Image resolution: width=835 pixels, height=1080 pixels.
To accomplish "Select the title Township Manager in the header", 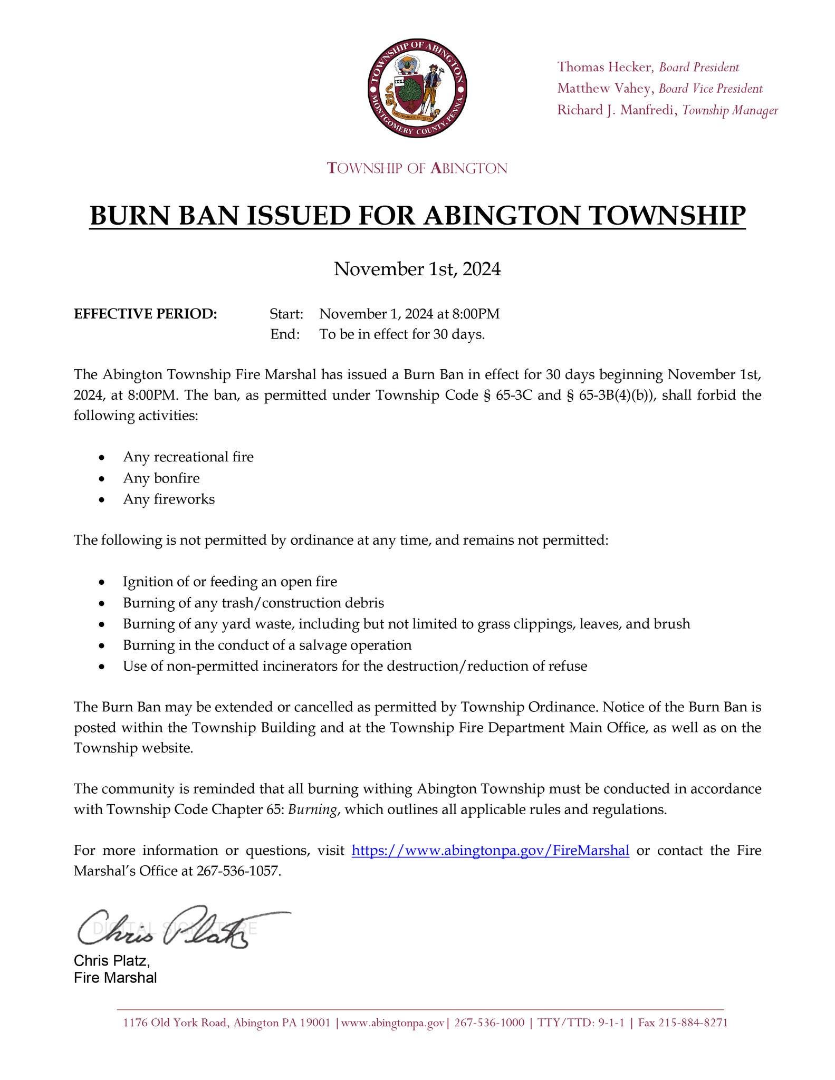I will (x=730, y=110).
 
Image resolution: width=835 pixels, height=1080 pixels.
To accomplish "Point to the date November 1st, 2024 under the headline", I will (x=417, y=269).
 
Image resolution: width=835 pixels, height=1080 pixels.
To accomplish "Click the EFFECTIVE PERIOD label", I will (x=146, y=314).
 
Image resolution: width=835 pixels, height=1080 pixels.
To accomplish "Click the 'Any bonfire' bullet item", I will (x=161, y=478).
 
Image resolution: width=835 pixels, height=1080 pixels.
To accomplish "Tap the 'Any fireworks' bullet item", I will (x=169, y=499).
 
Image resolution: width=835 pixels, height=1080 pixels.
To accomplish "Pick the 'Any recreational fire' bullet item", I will (x=188, y=457).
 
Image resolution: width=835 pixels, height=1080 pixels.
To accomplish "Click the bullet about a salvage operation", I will (x=267, y=645).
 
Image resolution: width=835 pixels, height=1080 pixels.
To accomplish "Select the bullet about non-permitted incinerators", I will (x=355, y=666).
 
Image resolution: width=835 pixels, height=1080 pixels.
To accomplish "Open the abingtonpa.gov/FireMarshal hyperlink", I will (x=490, y=850).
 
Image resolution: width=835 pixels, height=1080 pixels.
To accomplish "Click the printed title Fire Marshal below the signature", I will (x=116, y=978).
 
